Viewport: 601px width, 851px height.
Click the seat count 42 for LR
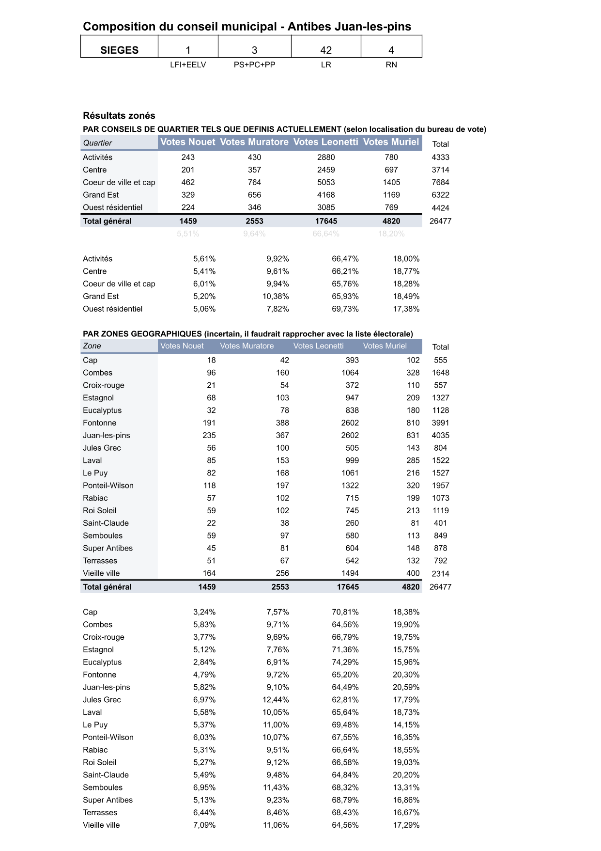pyautogui.click(x=326, y=50)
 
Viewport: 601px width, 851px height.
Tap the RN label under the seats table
pyautogui.click(x=391, y=64)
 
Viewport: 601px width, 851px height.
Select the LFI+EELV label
pyautogui.click(x=188, y=64)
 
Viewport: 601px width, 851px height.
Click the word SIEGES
pyautogui.click(x=119, y=50)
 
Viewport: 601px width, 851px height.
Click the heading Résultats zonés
pyautogui.click(x=119, y=115)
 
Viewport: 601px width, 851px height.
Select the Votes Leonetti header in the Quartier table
pyautogui.click(x=326, y=142)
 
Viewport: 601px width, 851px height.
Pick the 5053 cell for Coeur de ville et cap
pyautogui.click(x=326, y=182)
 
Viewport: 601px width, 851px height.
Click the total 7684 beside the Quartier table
pyautogui.click(x=440, y=182)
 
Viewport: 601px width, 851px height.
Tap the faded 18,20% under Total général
pyautogui.click(x=391, y=234)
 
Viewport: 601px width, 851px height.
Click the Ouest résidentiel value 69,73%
pyautogui.click(x=345, y=309)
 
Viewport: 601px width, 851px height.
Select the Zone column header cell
pyautogui.click(x=92, y=346)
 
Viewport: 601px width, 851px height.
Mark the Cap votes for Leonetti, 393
pyautogui.click(x=352, y=360)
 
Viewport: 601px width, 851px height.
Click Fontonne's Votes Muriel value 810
pyautogui.click(x=413, y=423)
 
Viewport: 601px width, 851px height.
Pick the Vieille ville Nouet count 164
pyautogui.click(x=209, y=573)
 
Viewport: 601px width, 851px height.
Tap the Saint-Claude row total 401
pyautogui.click(x=440, y=523)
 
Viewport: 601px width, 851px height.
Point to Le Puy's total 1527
pyautogui.click(x=440, y=473)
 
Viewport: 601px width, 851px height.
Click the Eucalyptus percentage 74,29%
pyautogui.click(x=345, y=662)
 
